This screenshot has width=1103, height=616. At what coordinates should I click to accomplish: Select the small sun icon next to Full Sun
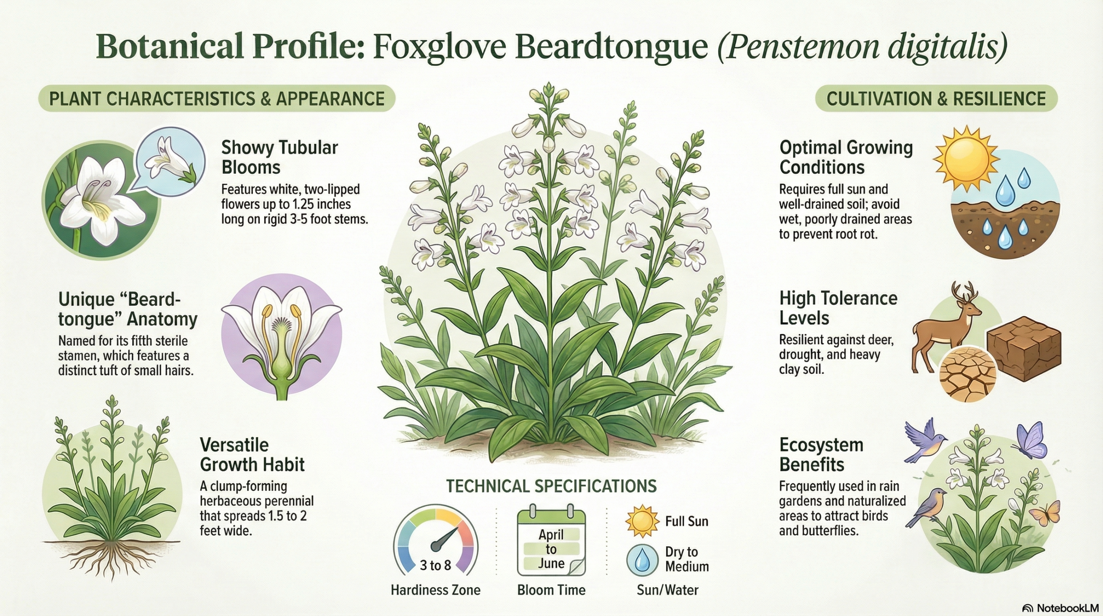pyautogui.click(x=642, y=521)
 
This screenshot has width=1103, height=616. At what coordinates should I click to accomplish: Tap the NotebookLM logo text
pyautogui.click(x=1059, y=608)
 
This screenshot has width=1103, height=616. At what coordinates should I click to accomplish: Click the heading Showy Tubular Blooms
pyautogui.click(x=279, y=157)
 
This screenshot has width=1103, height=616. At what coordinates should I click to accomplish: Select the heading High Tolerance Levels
pyautogui.click(x=838, y=308)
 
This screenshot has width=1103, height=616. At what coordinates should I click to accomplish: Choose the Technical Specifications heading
pyautogui.click(x=551, y=486)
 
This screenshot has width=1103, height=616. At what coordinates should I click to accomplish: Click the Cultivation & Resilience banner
pyautogui.click(x=936, y=99)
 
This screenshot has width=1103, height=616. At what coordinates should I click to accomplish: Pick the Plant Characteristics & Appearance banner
pyautogui.click(x=217, y=99)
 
